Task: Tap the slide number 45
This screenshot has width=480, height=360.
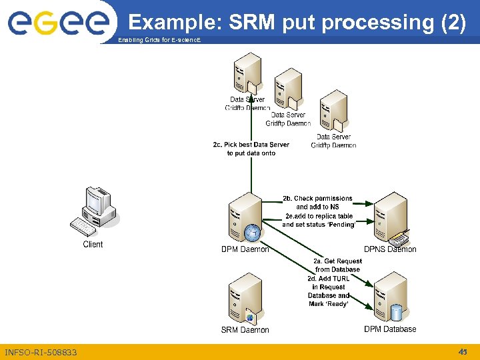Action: point(463,351)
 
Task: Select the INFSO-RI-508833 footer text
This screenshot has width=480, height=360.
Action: point(41,352)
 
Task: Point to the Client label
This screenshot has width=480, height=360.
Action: point(93,245)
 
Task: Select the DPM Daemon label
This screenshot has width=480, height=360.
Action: point(245,249)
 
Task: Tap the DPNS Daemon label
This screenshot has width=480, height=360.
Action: point(391,249)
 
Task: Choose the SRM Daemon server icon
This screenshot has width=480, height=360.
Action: point(244,298)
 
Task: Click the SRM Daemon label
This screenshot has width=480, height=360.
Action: point(245,330)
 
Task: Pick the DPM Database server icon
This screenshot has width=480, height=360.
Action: point(391,298)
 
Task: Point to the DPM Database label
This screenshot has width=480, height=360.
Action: point(390,329)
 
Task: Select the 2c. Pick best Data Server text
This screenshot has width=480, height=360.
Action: point(251,145)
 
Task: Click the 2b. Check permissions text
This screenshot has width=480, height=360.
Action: point(317,199)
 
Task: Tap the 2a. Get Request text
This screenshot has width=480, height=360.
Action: point(338,261)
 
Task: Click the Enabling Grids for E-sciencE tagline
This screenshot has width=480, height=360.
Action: point(158,41)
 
